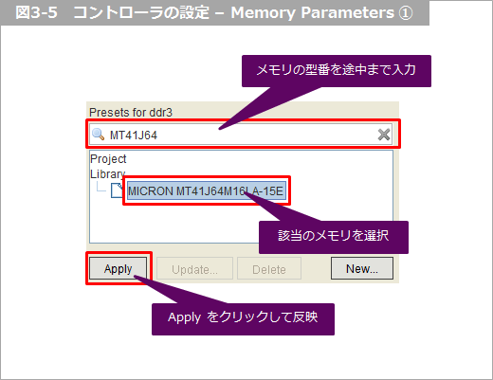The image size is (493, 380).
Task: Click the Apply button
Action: click(119, 268)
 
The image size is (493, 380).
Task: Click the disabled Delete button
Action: click(269, 268)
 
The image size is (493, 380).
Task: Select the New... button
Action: click(362, 268)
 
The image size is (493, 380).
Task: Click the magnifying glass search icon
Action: click(98, 135)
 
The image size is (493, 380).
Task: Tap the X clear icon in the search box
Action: click(384, 135)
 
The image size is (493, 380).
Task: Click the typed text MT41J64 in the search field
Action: click(134, 136)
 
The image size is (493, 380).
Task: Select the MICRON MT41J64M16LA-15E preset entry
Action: click(207, 191)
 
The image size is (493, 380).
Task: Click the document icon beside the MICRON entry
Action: click(117, 190)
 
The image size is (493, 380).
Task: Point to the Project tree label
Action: click(108, 159)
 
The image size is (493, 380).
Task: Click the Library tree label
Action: click(108, 174)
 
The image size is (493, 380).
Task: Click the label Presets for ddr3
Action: click(131, 113)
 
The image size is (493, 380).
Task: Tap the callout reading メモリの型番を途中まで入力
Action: click(337, 71)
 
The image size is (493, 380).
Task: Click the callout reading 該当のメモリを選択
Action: click(334, 237)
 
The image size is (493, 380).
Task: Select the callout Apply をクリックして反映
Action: click(243, 319)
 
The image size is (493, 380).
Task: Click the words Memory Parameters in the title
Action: click(312, 13)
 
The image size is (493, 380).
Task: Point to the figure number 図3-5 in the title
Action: click(36, 13)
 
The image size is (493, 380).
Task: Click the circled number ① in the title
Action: click(406, 13)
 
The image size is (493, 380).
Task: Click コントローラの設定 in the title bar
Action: click(141, 13)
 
